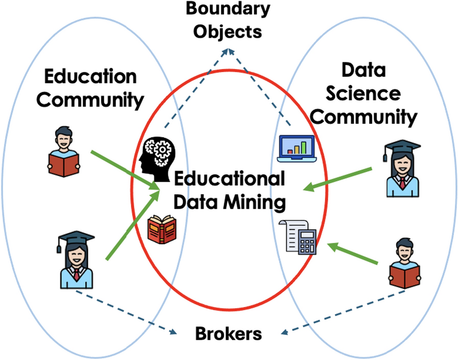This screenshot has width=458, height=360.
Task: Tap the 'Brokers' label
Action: (x=228, y=334)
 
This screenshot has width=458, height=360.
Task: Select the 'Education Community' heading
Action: (x=90, y=88)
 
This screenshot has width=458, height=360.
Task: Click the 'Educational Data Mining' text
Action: (x=230, y=190)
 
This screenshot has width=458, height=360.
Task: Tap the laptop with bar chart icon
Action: (x=297, y=148)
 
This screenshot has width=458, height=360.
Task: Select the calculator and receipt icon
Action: (x=299, y=236)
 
